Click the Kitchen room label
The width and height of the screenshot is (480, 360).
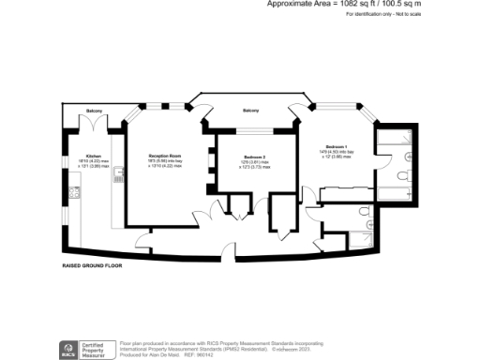click(93, 156)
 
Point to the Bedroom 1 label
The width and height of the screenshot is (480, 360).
click(337, 147)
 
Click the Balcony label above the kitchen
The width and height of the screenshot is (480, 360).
click(95, 112)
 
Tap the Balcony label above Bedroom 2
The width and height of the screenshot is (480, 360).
click(251, 112)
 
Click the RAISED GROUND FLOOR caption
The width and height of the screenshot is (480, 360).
click(93, 265)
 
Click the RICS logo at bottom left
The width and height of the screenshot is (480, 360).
click(68, 350)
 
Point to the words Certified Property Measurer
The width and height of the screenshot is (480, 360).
click(97, 350)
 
